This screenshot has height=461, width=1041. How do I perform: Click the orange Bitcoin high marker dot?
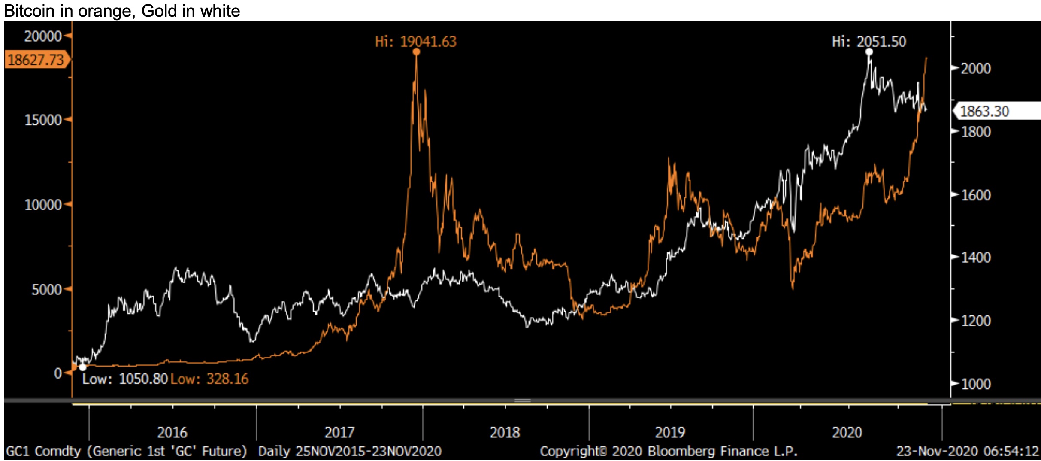(416, 52)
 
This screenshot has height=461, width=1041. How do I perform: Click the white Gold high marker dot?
(869, 52)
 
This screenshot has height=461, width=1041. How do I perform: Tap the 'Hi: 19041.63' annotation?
(415, 42)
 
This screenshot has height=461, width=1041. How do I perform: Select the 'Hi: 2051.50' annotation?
(869, 42)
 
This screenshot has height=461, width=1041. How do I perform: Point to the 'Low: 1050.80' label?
(124, 379)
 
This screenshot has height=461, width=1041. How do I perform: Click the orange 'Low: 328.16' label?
(209, 379)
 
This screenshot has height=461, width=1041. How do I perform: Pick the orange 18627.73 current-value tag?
(36, 60)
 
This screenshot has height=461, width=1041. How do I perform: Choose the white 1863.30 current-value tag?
(984, 112)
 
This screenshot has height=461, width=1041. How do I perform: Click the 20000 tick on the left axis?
(43, 36)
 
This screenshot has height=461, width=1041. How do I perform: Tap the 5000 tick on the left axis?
(46, 290)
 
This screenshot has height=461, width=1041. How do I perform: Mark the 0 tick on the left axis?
(58, 373)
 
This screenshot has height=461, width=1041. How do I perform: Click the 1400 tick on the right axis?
(975, 258)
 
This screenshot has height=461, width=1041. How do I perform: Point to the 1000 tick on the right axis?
(975, 384)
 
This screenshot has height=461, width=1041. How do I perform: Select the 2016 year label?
(172, 432)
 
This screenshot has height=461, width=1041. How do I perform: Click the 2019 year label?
(670, 432)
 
